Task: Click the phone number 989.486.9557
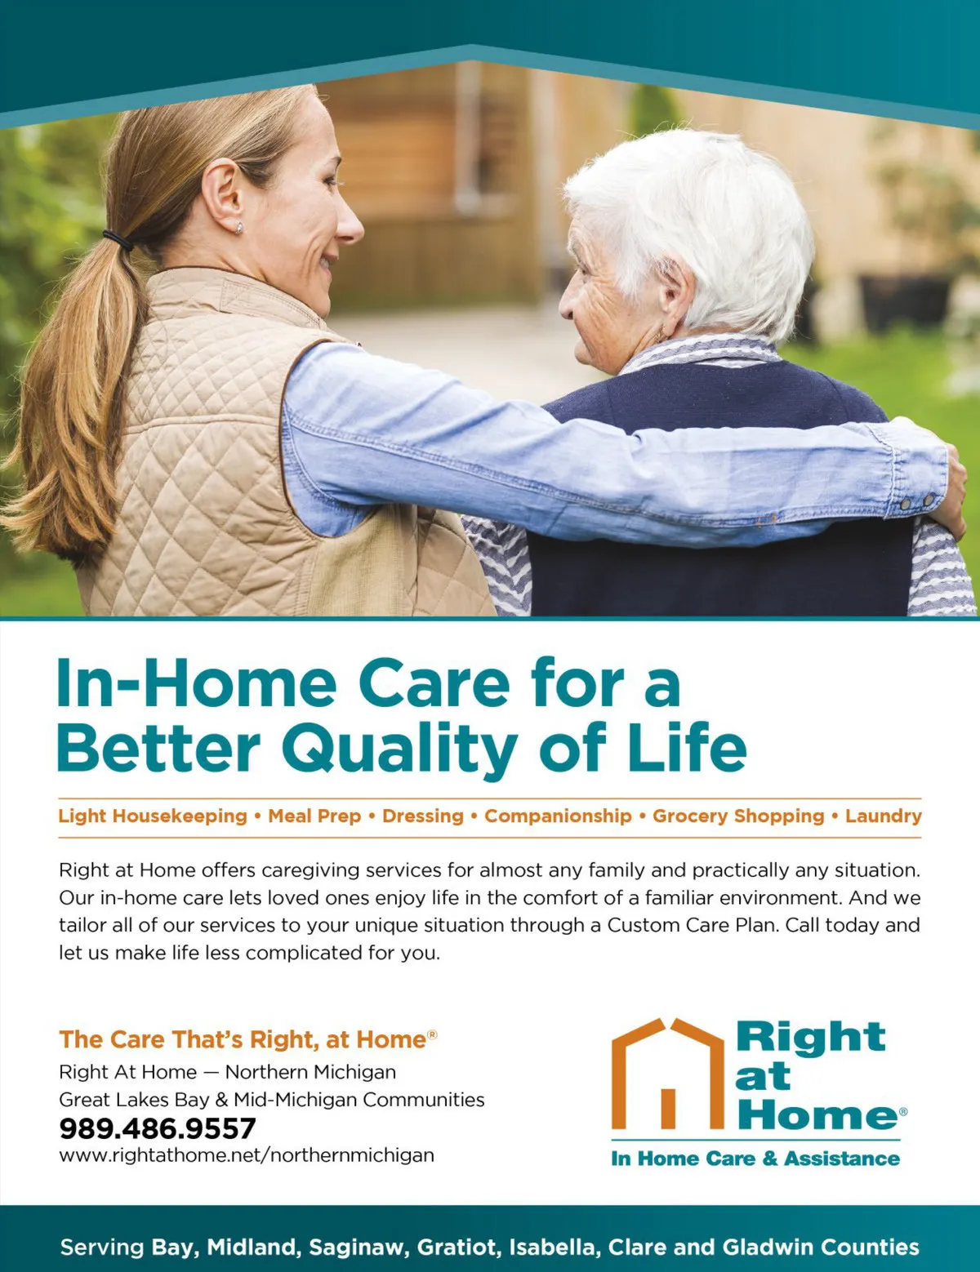pyautogui.click(x=158, y=1128)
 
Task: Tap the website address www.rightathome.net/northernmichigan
pyautogui.click(x=247, y=1155)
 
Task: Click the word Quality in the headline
pyautogui.click(x=400, y=749)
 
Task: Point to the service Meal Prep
pyautogui.click(x=314, y=816)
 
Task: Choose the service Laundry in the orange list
pyautogui.click(x=884, y=816)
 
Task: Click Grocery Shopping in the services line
pyautogui.click(x=738, y=816)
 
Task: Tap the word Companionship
pyautogui.click(x=558, y=816)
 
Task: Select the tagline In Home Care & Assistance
pyautogui.click(x=755, y=1158)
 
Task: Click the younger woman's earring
pyautogui.click(x=238, y=228)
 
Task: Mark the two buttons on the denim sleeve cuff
pyautogui.click(x=917, y=501)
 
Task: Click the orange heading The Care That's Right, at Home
pyautogui.click(x=247, y=1039)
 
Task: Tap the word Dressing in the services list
pyautogui.click(x=423, y=816)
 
